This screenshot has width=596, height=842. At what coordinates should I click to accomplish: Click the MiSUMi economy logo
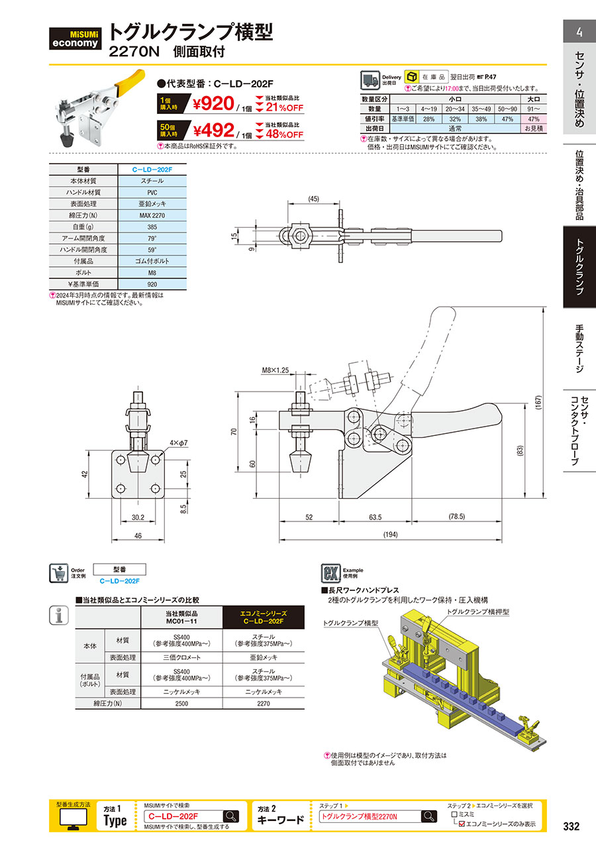pos(75,38)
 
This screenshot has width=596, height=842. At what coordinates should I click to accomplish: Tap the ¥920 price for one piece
pos(213,104)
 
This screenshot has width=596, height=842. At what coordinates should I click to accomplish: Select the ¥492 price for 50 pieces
pos(214,131)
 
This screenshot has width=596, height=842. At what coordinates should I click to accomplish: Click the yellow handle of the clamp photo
pos(130,82)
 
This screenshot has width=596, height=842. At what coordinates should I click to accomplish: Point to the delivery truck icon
pos(370,80)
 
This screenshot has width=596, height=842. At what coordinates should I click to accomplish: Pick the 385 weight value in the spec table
pos(152,227)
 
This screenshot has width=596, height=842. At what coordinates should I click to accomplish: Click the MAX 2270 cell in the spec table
pos(152,215)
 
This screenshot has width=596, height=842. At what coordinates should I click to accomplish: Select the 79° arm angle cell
pos(152,238)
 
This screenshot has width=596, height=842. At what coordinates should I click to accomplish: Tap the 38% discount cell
pos(481,119)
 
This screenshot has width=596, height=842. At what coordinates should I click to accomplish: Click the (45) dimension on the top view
pos(313,199)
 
